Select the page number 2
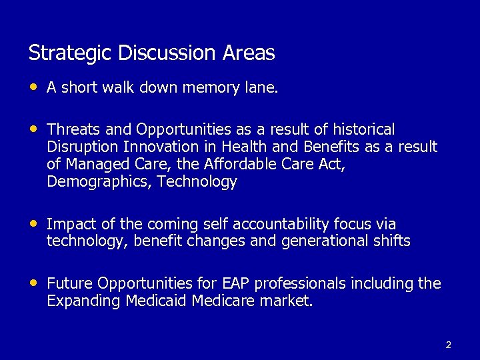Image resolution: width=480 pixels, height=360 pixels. coord(448,345)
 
